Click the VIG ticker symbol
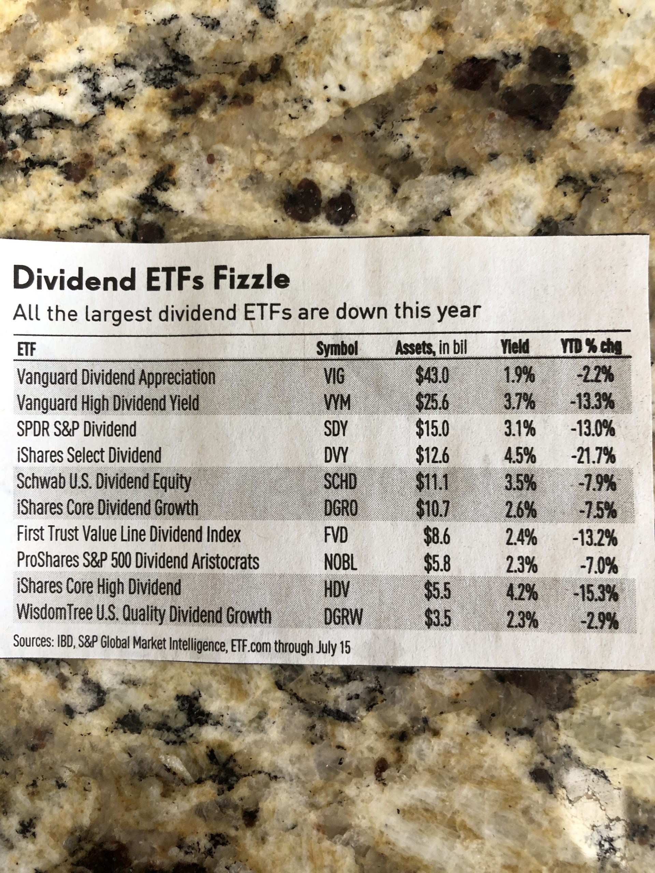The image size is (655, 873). pos(334,376)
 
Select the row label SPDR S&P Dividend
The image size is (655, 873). pos(77,429)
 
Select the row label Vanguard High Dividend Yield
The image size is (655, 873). pos(108,403)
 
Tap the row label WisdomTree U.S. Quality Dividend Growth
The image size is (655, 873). pos(144,615)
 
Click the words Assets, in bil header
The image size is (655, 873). pos(431,348)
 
